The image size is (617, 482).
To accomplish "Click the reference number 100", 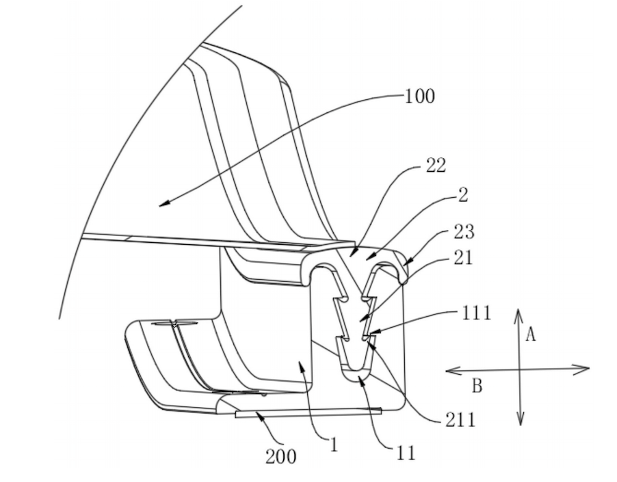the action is (420, 96).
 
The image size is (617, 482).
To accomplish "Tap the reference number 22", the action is (436, 166).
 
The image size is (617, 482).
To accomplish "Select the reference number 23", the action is (464, 232).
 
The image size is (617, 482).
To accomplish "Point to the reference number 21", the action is (463, 258).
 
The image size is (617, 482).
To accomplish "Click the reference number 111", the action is (476, 313).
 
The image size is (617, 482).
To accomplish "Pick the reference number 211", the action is (460, 420).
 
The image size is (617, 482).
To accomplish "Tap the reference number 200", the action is (281, 457).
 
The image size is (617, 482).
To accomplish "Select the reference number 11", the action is (406, 453).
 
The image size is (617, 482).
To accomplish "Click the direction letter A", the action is (531, 335).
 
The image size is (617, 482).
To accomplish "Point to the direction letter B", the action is (477, 386).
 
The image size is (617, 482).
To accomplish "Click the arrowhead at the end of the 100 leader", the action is (165, 203).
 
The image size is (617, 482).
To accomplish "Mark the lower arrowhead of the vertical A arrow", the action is (521, 420).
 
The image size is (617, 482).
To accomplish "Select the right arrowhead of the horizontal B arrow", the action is (583, 369).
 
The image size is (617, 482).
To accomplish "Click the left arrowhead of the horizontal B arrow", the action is (452, 370).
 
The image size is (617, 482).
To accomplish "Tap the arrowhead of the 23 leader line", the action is (407, 261).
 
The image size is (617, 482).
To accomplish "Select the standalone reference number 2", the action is (463, 195).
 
